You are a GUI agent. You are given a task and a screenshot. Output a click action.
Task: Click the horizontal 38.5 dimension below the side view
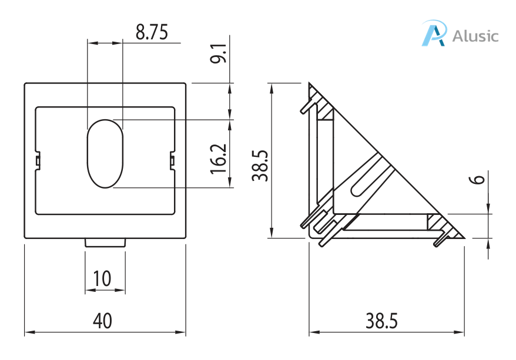(x=381, y=321)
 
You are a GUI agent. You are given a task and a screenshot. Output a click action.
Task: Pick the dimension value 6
(x=479, y=178)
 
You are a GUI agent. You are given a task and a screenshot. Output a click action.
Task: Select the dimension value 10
(x=102, y=278)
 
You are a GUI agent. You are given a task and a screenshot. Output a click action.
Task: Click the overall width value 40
(x=102, y=321)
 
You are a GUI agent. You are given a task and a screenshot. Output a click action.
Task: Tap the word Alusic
(x=475, y=36)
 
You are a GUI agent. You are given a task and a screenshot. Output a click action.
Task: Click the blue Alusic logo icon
(x=434, y=33)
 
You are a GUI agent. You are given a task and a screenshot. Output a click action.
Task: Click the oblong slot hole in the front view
(x=105, y=154)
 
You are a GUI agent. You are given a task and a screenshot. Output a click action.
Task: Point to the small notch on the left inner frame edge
(x=37, y=160)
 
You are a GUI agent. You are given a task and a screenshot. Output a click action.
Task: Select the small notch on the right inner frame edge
(x=172, y=160)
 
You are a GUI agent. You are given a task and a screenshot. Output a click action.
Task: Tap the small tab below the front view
(x=105, y=242)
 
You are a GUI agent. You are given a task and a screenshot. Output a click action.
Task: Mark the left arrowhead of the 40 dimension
(x=28, y=332)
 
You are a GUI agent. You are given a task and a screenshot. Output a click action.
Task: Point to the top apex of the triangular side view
(x=309, y=83)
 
